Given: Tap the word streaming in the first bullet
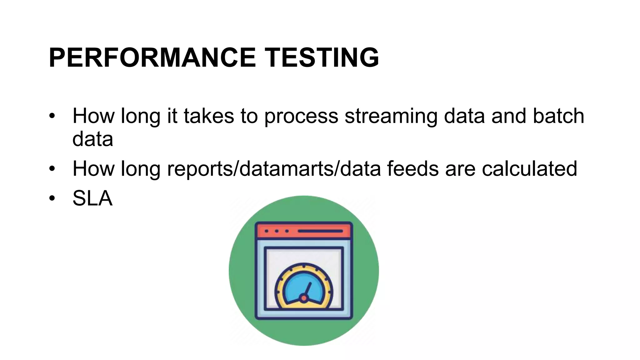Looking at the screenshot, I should [391, 116].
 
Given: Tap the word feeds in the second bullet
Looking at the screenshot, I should [413, 168].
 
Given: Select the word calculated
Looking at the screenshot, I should [529, 168].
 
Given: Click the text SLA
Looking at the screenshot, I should [92, 198].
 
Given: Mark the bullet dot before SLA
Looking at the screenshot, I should [52, 198].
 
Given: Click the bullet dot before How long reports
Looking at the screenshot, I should [52, 169].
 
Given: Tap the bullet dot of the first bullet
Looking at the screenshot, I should [52, 116].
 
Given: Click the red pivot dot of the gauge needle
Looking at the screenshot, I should [303, 298].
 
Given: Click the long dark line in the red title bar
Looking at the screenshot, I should [320, 231].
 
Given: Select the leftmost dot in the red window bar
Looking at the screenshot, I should [267, 231].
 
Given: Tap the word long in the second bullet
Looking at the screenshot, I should [140, 169].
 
